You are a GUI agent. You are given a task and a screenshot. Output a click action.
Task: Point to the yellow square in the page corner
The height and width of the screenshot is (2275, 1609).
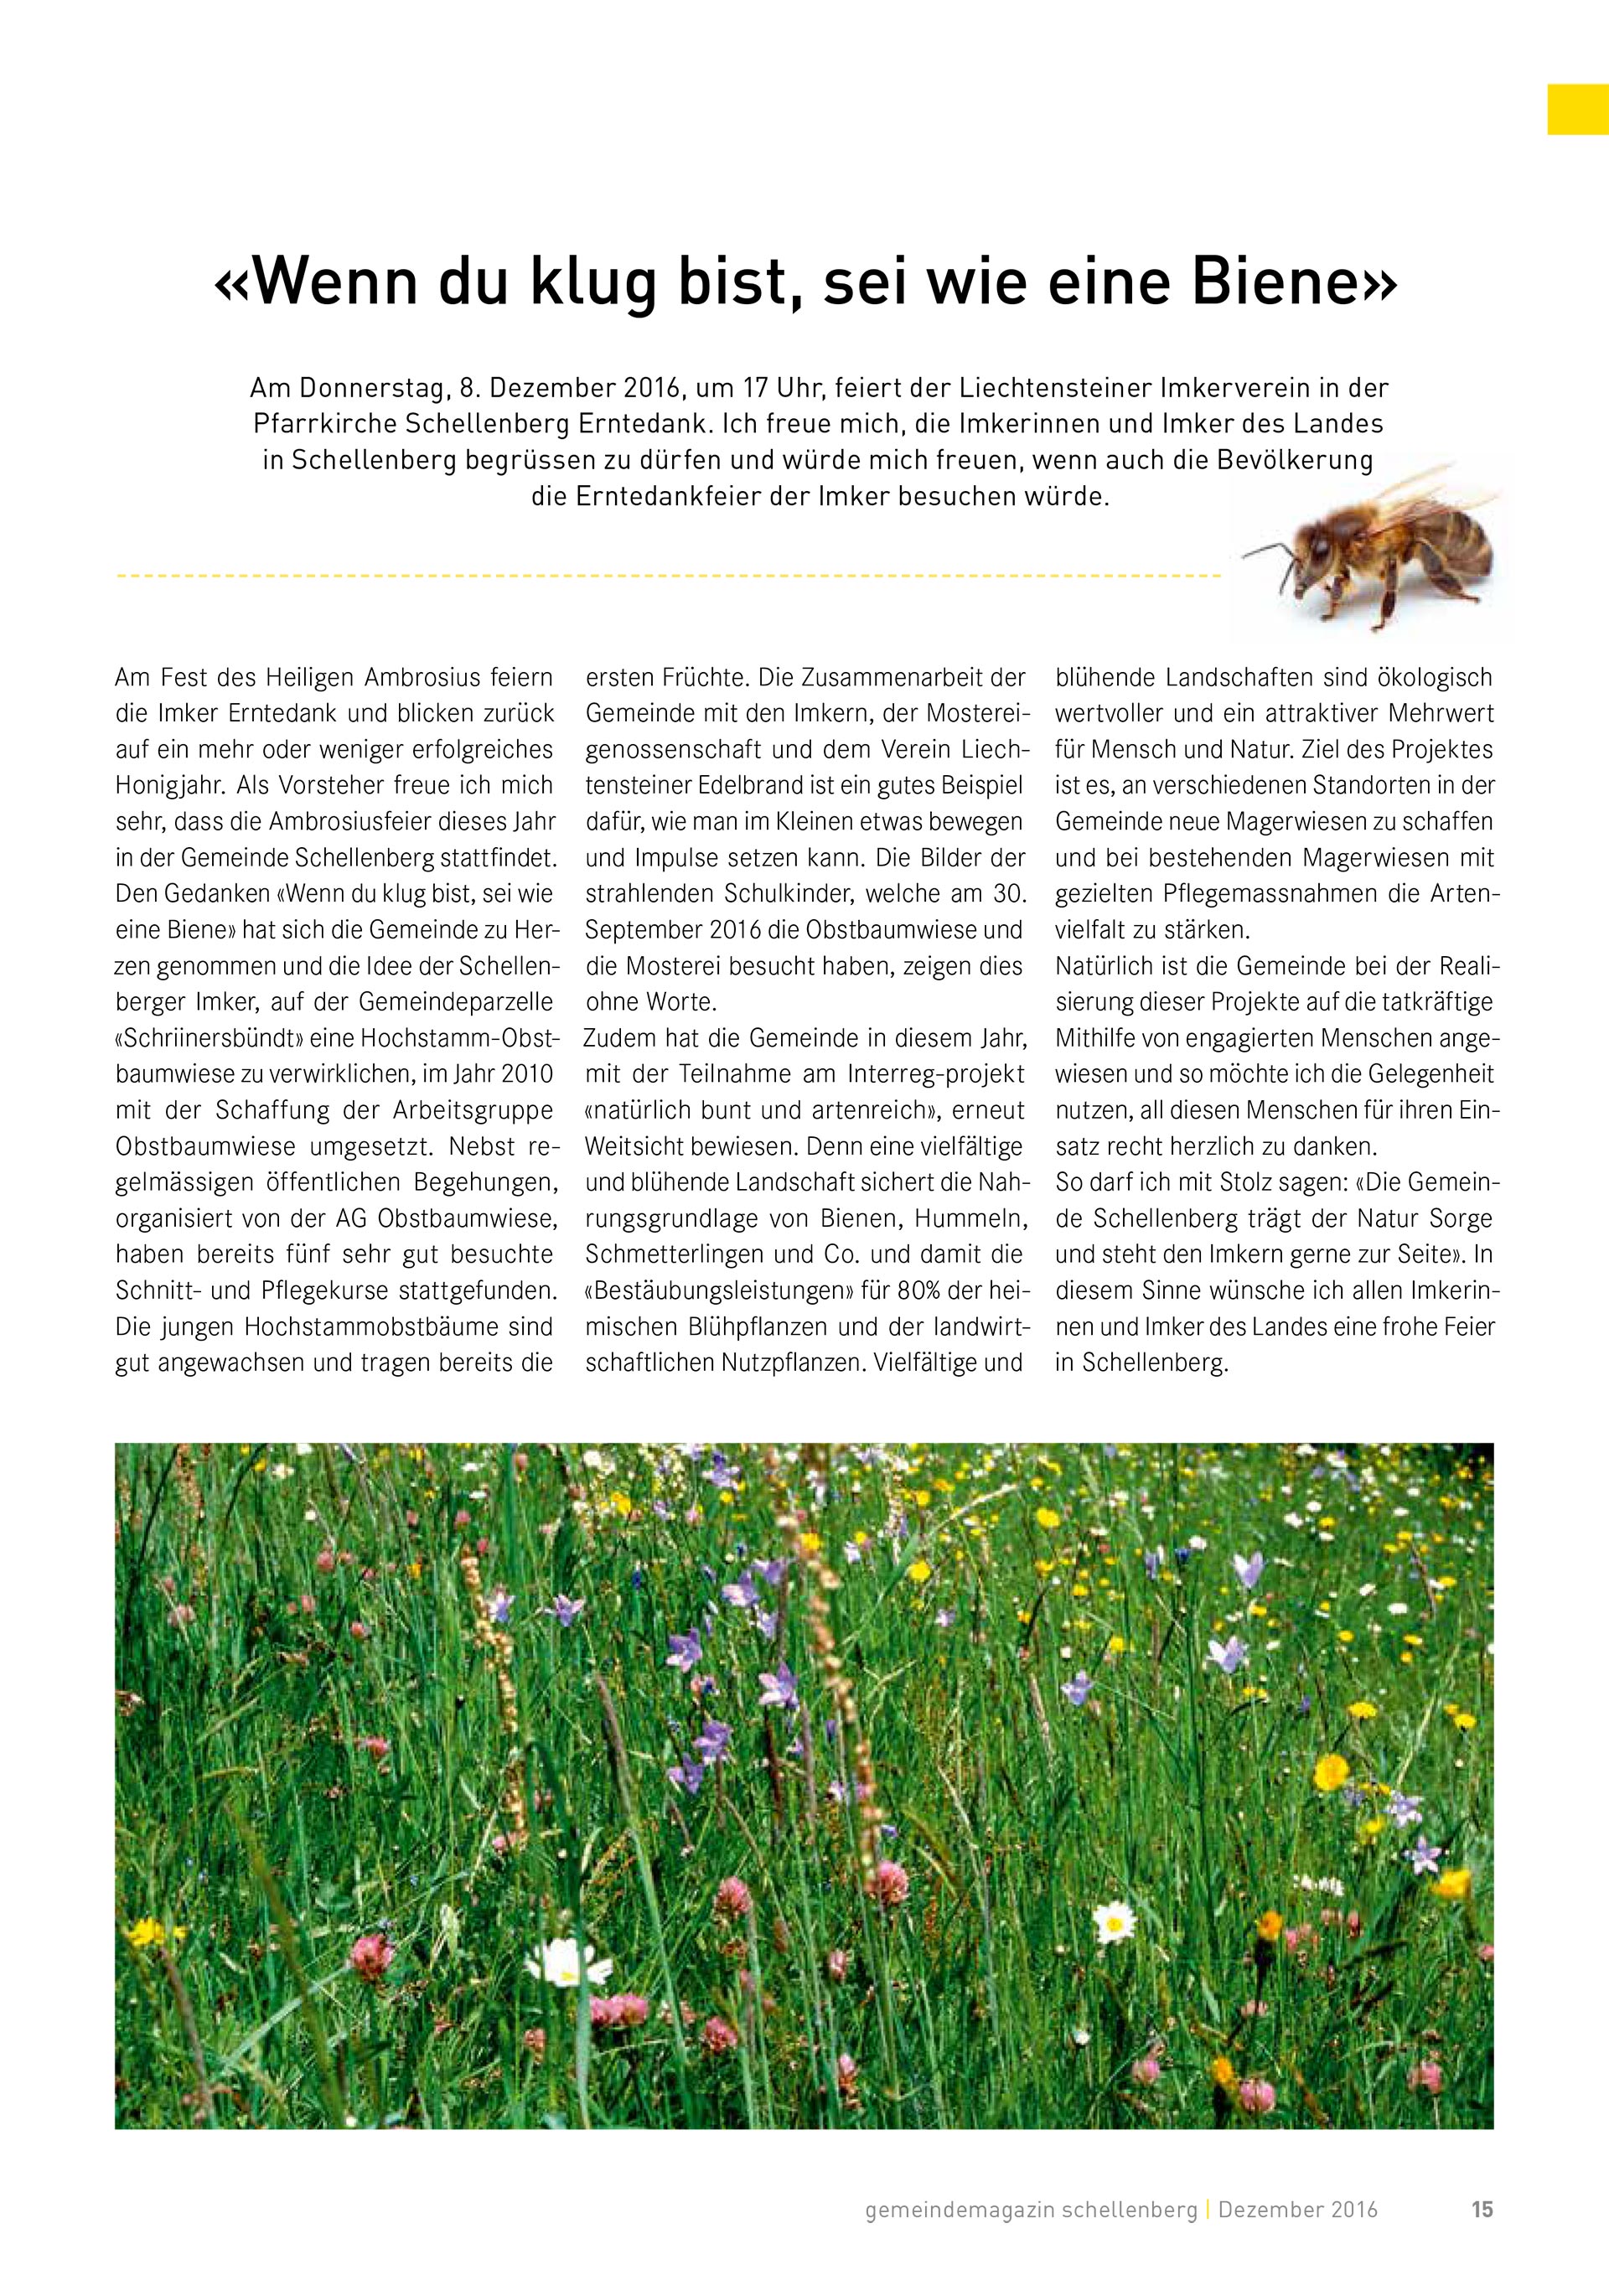[1577, 109]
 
